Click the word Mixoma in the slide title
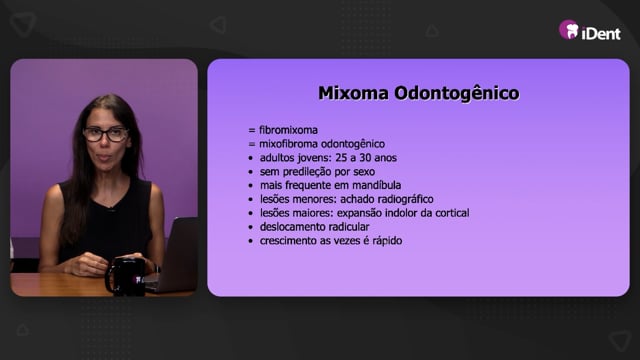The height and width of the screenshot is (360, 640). pyautogui.click(x=353, y=93)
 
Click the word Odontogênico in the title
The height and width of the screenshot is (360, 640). pyautogui.click(x=457, y=93)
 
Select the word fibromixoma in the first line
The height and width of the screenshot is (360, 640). pyautogui.click(x=289, y=130)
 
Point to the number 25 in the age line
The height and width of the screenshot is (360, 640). pyautogui.click(x=341, y=158)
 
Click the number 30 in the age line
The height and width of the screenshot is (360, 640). pyautogui.click(x=365, y=158)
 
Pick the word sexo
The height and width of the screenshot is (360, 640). pyautogui.click(x=364, y=172)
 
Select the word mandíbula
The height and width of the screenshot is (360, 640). pyautogui.click(x=376, y=185)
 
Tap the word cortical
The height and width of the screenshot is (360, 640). pyautogui.click(x=452, y=213)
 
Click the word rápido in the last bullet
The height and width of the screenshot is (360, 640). pyautogui.click(x=387, y=241)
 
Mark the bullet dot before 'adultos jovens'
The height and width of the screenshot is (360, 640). pyautogui.click(x=251, y=158)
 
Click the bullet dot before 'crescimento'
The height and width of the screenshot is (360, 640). pyautogui.click(x=251, y=241)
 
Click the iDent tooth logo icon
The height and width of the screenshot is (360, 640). pyautogui.click(x=569, y=30)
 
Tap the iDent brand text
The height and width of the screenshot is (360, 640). pyautogui.click(x=601, y=33)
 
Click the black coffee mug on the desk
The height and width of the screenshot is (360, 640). pyautogui.click(x=125, y=276)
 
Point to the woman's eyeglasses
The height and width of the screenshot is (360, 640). pyautogui.click(x=106, y=134)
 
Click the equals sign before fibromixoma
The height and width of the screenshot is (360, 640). pyautogui.click(x=252, y=131)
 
